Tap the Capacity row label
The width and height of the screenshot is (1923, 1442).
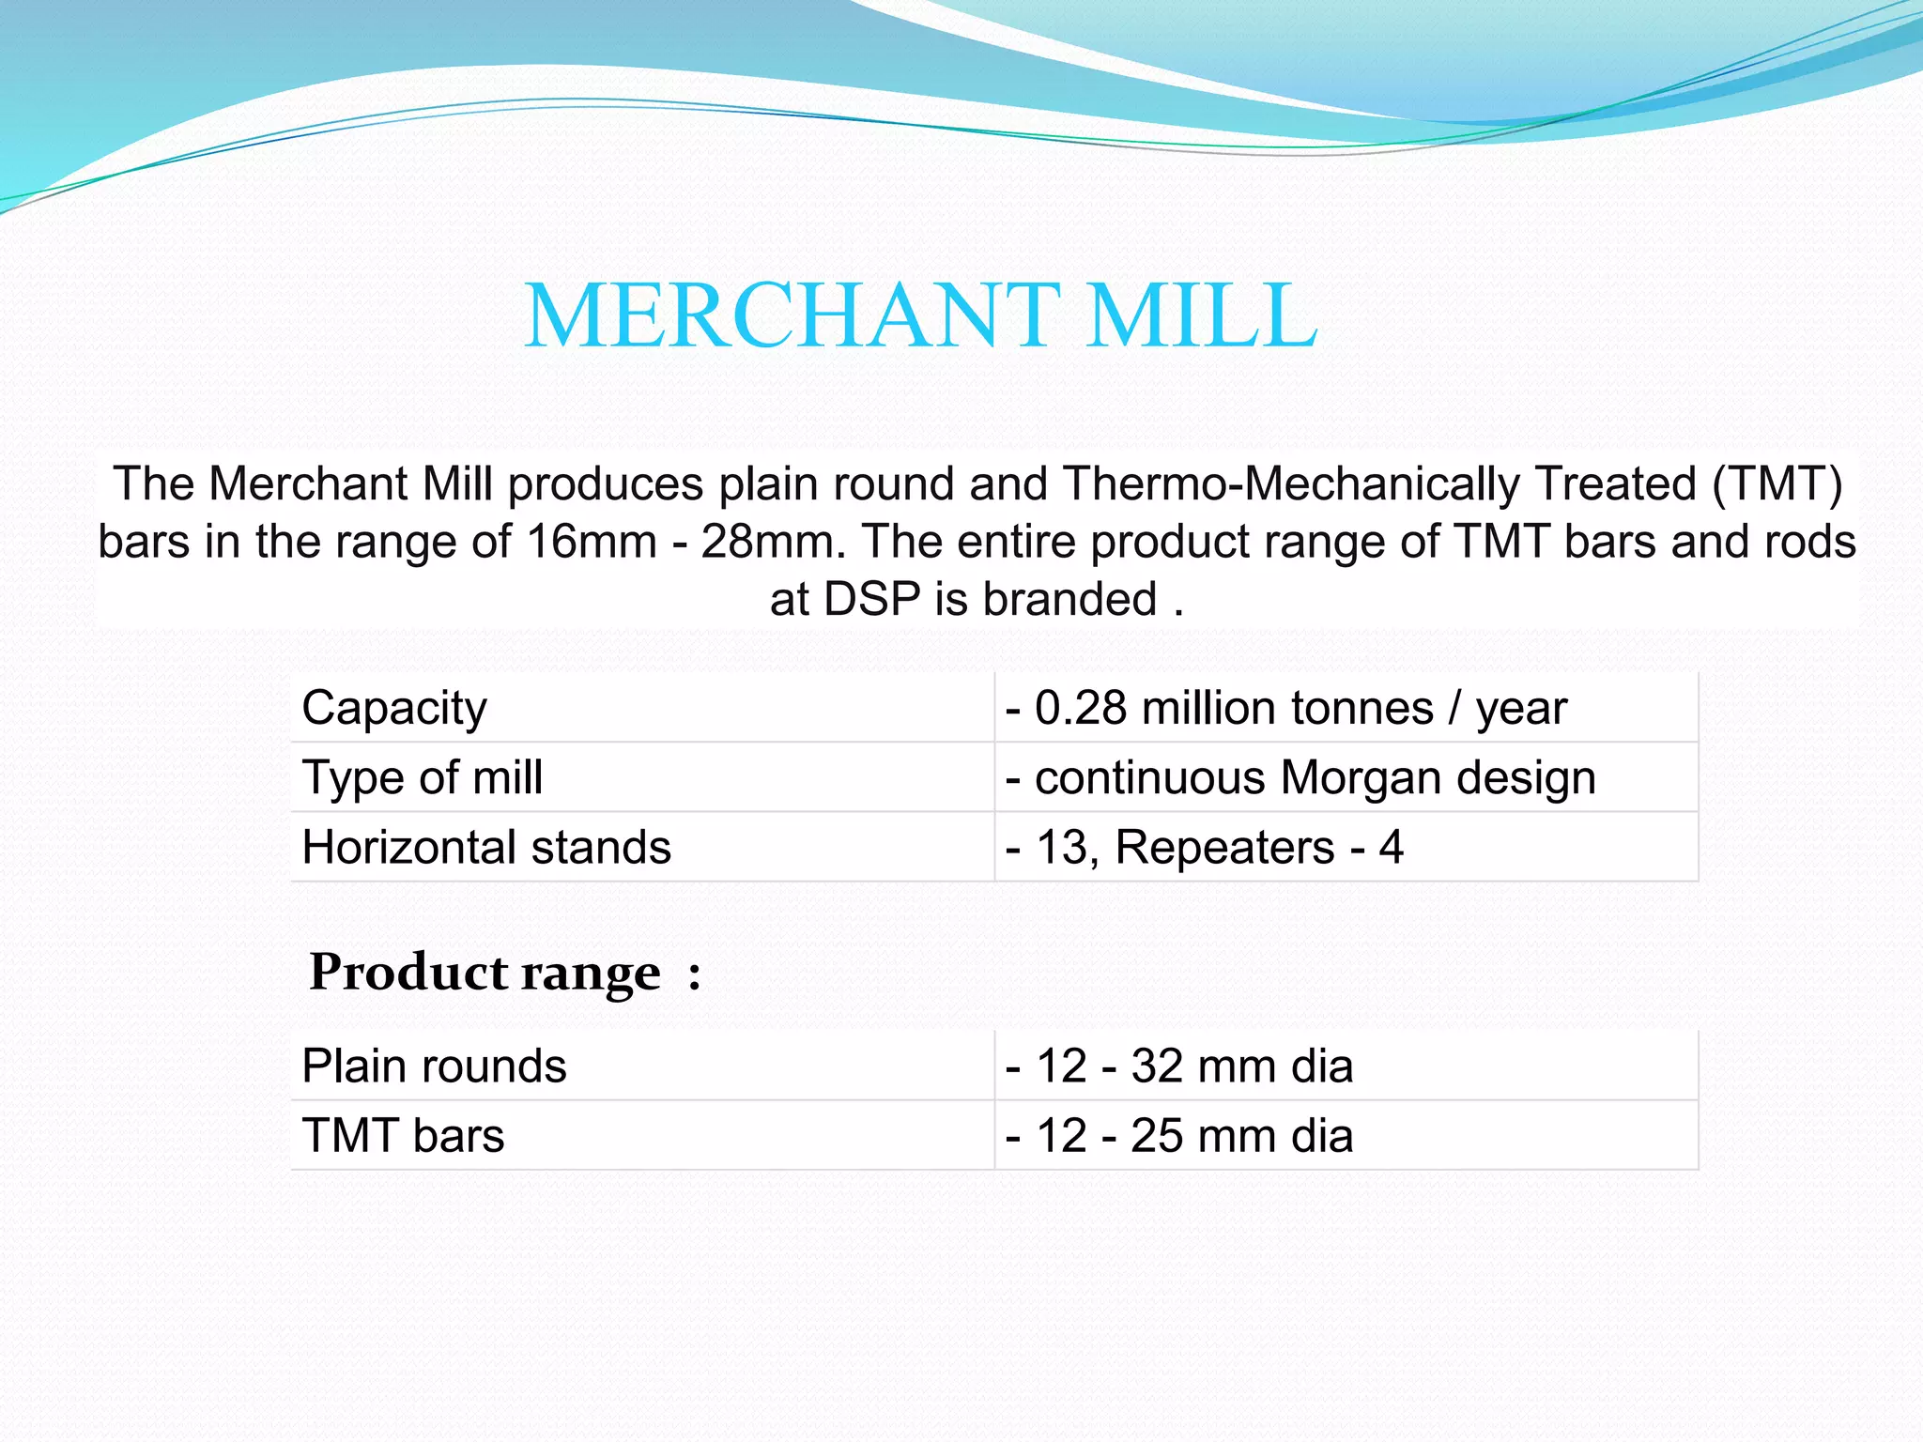(394, 709)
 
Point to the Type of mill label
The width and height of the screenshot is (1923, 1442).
(423, 778)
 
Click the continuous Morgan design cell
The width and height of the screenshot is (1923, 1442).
(1300, 778)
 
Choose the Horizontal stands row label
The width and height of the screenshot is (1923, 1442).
(486, 847)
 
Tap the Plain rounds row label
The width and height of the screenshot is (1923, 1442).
(435, 1066)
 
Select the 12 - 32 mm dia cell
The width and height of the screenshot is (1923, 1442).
(1179, 1066)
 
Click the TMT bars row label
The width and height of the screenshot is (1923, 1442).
(404, 1136)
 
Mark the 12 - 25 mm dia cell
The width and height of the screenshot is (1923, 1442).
(1179, 1136)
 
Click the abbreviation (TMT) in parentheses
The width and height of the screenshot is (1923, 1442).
(1778, 485)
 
